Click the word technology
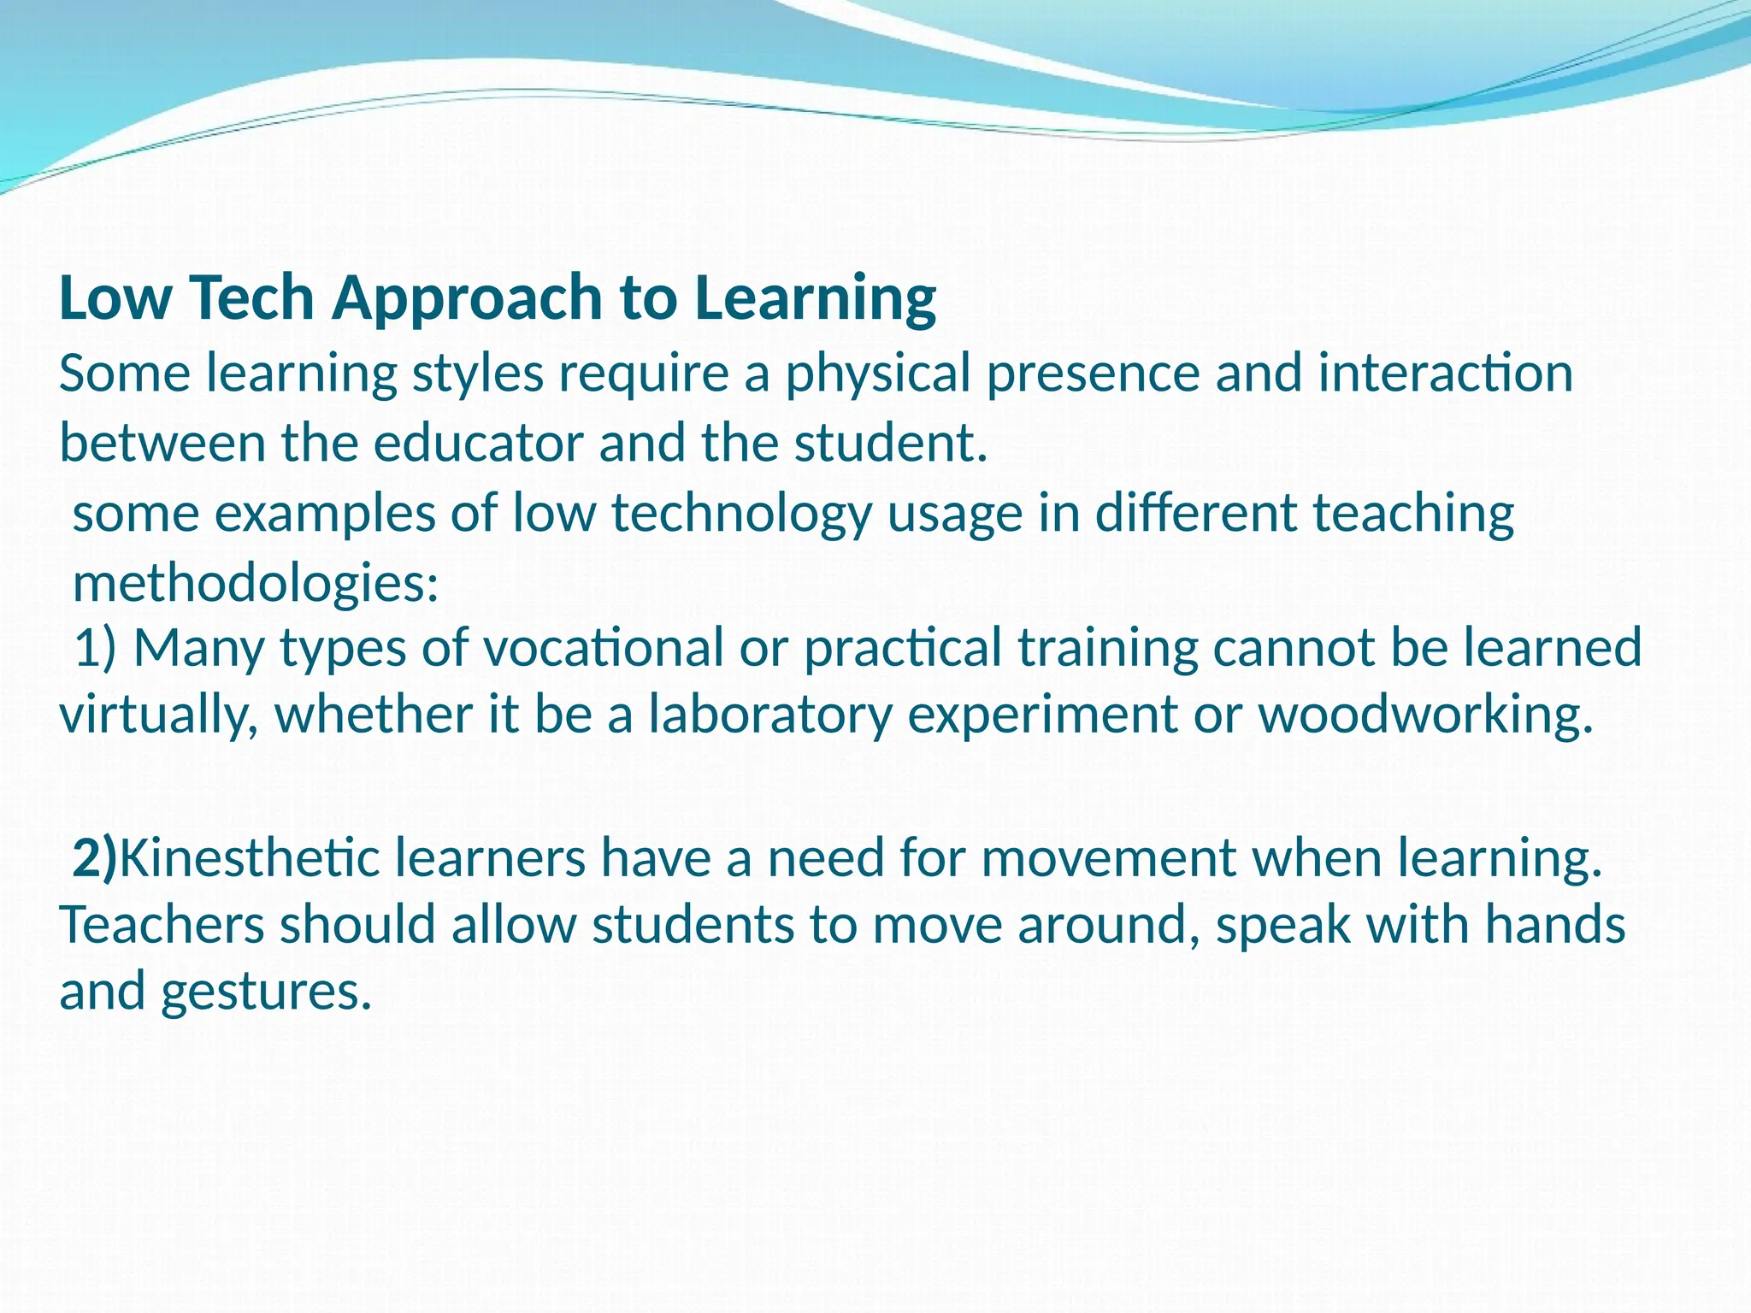[x=740, y=515]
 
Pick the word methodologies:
[x=256, y=585]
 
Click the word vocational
[x=604, y=647]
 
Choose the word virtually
[x=158, y=716]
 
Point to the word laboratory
[x=769, y=716]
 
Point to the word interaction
[x=1445, y=374]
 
